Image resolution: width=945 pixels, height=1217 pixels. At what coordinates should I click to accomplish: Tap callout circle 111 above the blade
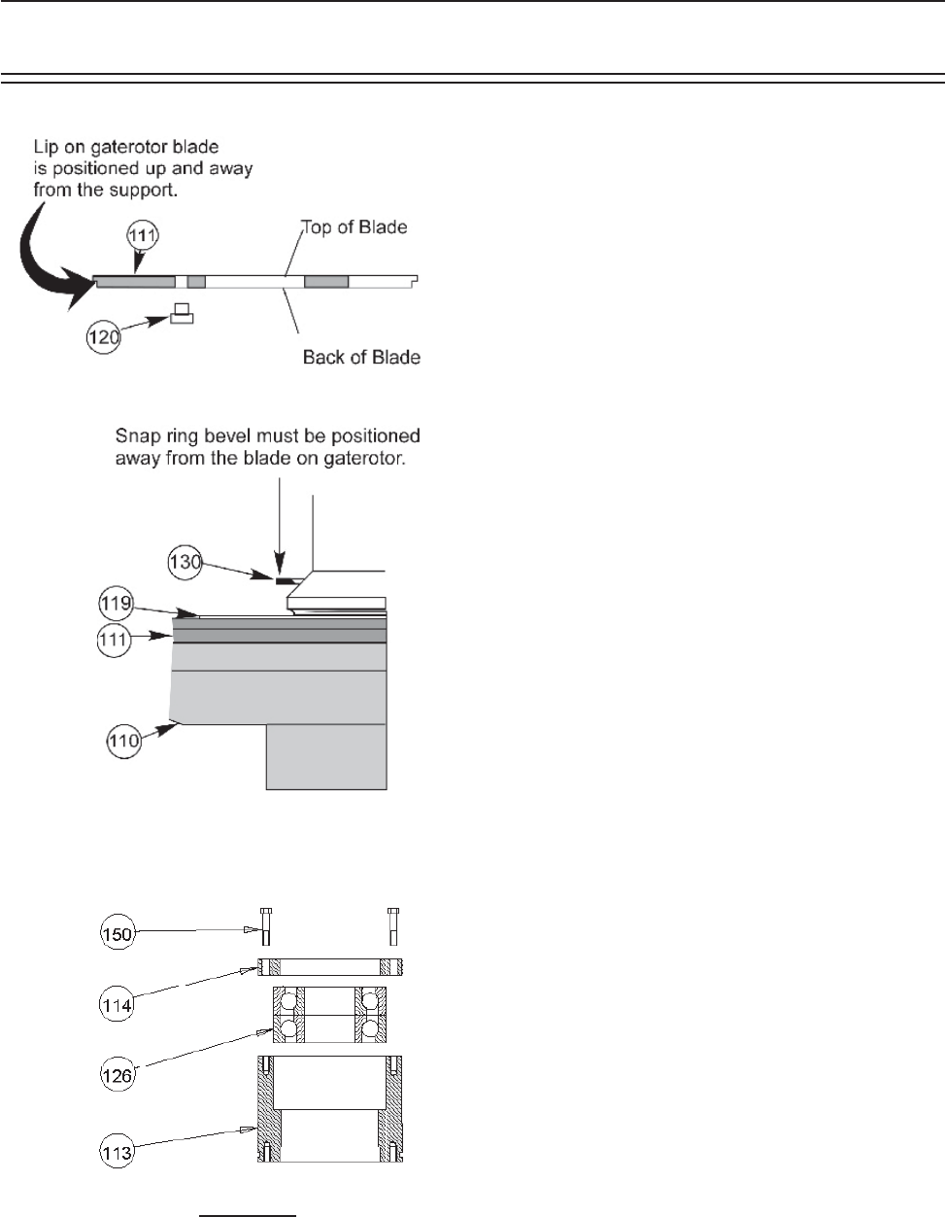tap(142, 235)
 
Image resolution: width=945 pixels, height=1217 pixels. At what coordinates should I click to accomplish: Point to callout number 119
tap(115, 606)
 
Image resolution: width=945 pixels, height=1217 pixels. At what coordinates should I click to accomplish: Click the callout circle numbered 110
tap(122, 742)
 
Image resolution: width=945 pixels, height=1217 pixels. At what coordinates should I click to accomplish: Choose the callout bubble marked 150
tap(117, 934)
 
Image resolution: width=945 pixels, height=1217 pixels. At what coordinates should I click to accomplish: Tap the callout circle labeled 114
tap(118, 1004)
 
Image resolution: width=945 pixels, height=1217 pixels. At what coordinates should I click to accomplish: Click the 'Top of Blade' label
tap(354, 227)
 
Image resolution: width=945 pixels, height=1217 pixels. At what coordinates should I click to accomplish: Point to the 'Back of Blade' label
tap(361, 357)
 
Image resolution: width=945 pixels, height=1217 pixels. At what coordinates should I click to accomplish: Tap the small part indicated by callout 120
tap(182, 314)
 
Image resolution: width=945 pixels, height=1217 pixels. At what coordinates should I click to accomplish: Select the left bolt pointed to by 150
tap(267, 926)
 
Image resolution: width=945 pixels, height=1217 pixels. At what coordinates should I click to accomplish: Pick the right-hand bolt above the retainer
tap(393, 926)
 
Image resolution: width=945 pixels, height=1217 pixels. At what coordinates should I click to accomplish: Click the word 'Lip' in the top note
tap(46, 147)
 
